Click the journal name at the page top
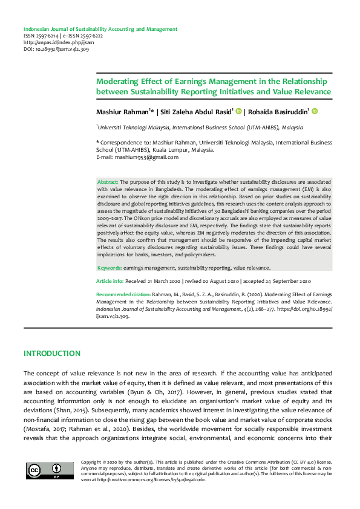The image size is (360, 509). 100,29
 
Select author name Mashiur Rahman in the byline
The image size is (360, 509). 122,112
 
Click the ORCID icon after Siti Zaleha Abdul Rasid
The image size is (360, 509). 239,111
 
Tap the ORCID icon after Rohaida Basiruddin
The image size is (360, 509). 315,111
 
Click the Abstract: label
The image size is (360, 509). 108,182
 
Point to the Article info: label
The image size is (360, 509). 110,282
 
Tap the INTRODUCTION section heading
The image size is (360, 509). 51,353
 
